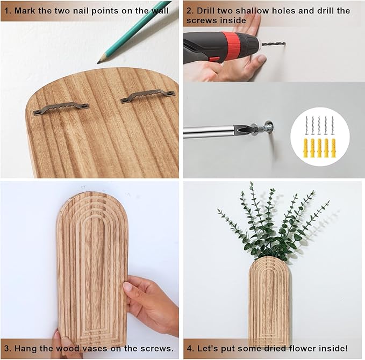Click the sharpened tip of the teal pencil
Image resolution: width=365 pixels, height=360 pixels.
(x=98, y=63)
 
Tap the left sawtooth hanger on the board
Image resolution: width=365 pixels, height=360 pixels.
(x=61, y=108)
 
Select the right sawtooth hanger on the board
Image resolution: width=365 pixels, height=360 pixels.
(x=148, y=96)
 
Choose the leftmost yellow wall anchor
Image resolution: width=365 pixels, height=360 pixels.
(x=306, y=148)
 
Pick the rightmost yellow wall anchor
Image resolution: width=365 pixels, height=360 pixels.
(x=334, y=148)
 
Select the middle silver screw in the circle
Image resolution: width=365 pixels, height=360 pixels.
(x=319, y=126)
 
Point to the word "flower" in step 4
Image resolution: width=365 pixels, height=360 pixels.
(x=303, y=348)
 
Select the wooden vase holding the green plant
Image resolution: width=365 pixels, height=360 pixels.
(x=269, y=302)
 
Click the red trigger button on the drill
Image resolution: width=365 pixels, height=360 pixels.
(x=214, y=59)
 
